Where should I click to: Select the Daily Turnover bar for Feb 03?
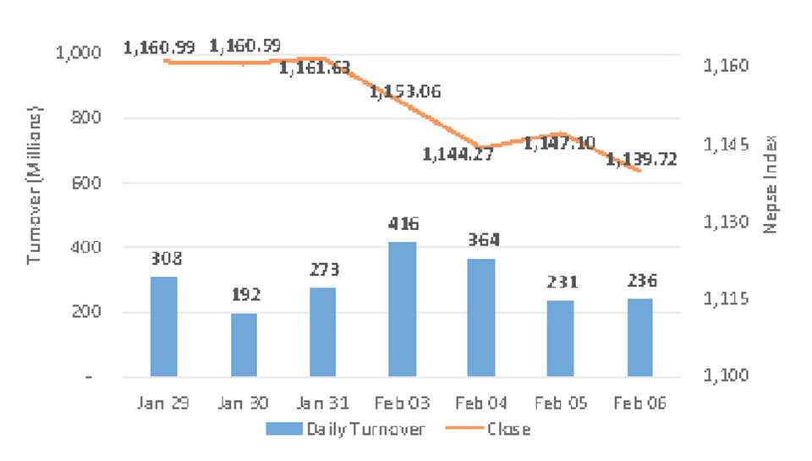402,310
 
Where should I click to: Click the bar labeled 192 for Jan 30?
244,345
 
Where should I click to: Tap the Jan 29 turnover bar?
164,327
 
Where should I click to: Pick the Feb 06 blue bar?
639,338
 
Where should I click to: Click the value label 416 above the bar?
403,224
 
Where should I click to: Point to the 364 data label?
482,240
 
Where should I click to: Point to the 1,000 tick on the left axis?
78,53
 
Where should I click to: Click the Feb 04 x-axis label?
482,403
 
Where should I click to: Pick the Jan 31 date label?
322,403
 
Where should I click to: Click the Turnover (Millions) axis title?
35,185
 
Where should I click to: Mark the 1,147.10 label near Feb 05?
559,144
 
